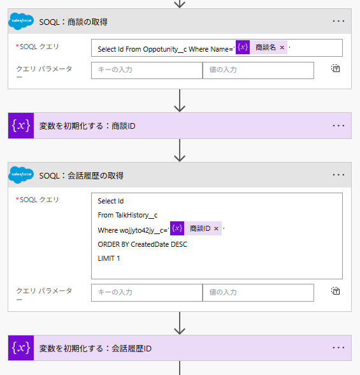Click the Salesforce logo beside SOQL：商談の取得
21,21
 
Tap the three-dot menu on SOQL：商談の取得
338,21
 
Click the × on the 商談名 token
282,47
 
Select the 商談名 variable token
261,47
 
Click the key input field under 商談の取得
147,70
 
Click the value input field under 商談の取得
258,70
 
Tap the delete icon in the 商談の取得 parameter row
336,68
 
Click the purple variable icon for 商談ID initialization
21,126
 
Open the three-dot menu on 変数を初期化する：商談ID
338,126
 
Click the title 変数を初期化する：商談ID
87,126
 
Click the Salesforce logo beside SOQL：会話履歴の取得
21,175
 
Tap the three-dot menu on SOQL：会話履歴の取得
338,175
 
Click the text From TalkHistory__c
127,216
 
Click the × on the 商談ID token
216,228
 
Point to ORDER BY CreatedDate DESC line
142,244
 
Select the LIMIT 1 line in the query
109,258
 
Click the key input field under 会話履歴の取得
147,293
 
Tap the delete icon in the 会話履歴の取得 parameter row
336,291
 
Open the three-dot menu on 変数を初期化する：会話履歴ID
338,348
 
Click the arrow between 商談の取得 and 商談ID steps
180,101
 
